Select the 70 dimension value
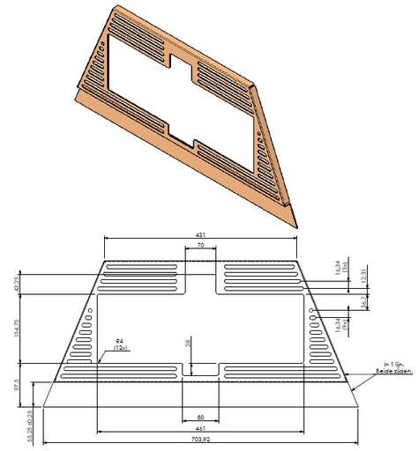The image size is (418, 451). click(202, 248)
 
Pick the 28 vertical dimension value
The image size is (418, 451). click(189, 345)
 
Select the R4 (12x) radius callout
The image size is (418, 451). click(120, 345)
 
